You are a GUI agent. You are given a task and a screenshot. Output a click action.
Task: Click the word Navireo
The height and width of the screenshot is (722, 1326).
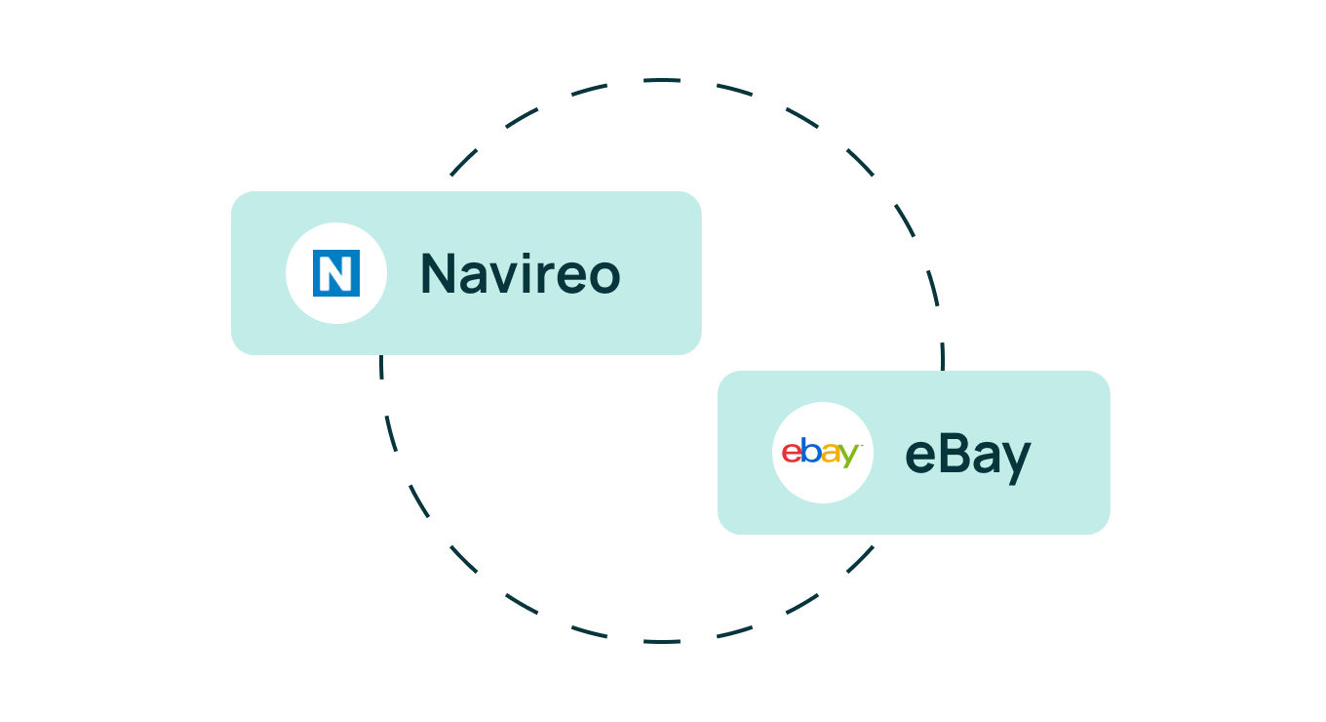[521, 273]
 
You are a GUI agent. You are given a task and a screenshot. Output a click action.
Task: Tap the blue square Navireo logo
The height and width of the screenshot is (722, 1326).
[336, 273]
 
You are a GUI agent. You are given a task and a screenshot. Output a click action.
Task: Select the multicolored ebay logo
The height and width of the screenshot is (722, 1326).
[822, 453]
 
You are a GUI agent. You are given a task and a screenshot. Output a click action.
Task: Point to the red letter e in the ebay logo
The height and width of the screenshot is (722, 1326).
[792, 454]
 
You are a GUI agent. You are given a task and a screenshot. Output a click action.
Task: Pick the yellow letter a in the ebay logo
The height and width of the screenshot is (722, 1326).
[830, 454]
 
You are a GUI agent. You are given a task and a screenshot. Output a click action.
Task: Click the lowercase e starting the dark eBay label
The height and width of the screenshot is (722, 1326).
[921, 458]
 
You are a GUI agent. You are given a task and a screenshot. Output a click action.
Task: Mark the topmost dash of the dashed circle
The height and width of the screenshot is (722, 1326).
[662, 80]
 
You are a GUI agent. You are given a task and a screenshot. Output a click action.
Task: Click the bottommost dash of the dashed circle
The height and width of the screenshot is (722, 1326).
[662, 641]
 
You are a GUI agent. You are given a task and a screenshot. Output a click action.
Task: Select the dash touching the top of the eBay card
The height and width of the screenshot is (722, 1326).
[943, 356]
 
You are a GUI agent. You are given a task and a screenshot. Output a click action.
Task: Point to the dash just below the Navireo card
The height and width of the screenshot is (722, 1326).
[381, 367]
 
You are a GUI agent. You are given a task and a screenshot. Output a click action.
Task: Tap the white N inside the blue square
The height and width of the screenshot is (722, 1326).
[336, 273]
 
